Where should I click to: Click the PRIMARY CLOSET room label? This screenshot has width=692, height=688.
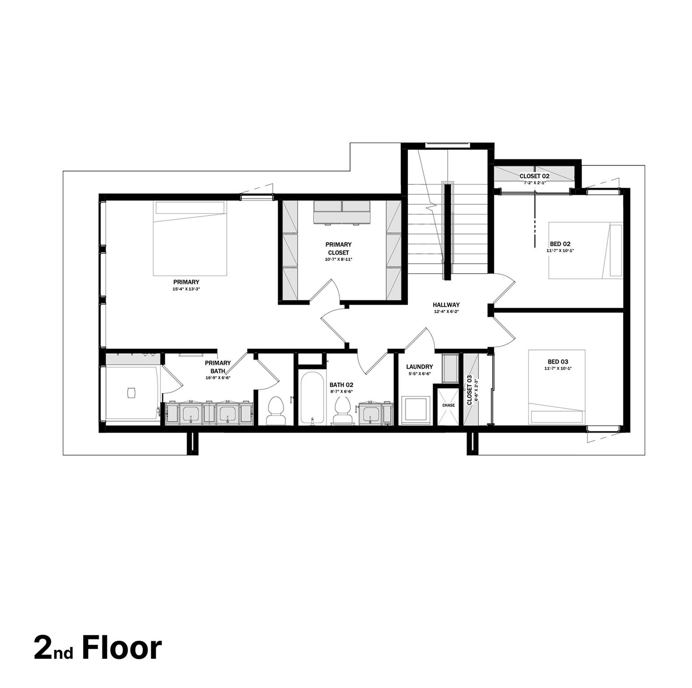338,249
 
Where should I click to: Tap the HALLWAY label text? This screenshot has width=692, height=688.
446,305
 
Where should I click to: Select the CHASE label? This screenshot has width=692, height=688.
448,405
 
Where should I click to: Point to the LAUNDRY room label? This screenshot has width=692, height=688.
419,366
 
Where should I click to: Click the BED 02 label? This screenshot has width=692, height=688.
560,244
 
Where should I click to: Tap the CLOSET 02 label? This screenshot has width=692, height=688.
534,176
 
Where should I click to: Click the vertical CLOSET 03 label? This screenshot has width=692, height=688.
469,390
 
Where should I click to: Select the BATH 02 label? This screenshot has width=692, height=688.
341,385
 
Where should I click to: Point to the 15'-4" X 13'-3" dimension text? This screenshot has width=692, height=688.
186,289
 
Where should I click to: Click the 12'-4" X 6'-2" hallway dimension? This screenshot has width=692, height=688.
446,312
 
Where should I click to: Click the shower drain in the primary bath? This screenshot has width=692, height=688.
131,392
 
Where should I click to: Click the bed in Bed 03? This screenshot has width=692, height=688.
557,387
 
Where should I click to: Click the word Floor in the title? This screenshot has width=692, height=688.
121,648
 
